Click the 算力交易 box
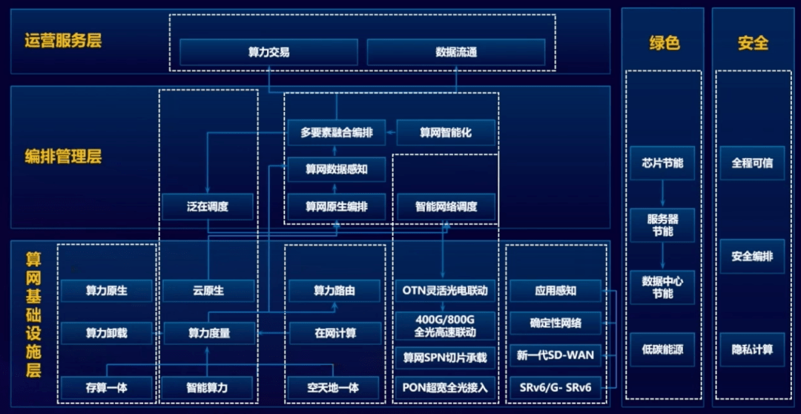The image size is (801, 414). tap(268, 53)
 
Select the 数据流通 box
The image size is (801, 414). tap(456, 53)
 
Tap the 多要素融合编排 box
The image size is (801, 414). tap(337, 133)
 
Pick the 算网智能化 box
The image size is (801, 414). tap(446, 133)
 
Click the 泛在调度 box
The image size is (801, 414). tap(208, 206)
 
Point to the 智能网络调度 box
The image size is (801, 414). tap(446, 206)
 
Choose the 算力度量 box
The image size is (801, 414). tap(208, 333)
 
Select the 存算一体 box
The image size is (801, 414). tap(106, 387)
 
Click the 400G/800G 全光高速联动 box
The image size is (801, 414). tap(446, 326)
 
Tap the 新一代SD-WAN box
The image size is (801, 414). tap(555, 355)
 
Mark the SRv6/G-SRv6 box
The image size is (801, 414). tap(555, 387)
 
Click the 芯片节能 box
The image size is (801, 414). tap(662, 162)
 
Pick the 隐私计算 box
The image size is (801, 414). tap(752, 349)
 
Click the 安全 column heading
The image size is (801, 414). tap(753, 43)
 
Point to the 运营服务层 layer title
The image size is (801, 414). tap(63, 40)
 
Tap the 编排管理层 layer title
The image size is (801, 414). tap(63, 157)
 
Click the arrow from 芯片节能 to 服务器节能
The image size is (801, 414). tap(663, 194)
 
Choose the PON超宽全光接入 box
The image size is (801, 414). tap(446, 387)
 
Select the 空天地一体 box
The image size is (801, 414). tap(333, 387)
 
